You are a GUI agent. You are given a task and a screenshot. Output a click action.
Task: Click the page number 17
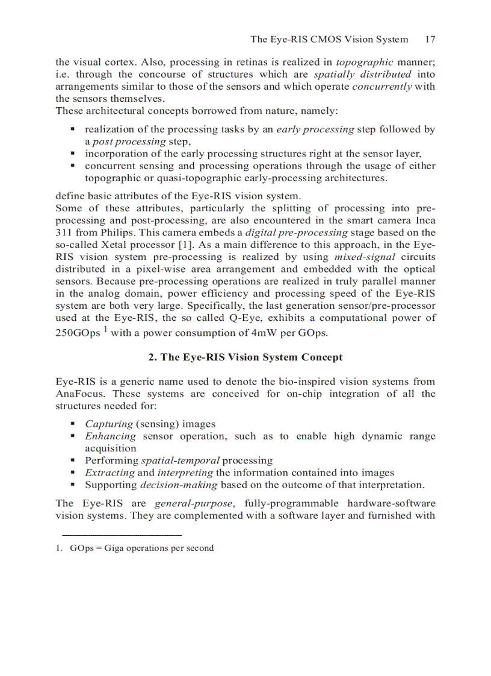(x=430, y=40)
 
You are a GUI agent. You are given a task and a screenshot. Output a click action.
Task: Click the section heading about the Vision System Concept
(x=245, y=357)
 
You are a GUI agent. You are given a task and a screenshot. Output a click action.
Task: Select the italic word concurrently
(x=382, y=87)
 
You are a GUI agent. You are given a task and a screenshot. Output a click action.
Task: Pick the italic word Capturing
(x=108, y=424)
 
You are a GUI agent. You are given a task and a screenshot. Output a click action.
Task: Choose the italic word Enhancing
(x=110, y=436)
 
